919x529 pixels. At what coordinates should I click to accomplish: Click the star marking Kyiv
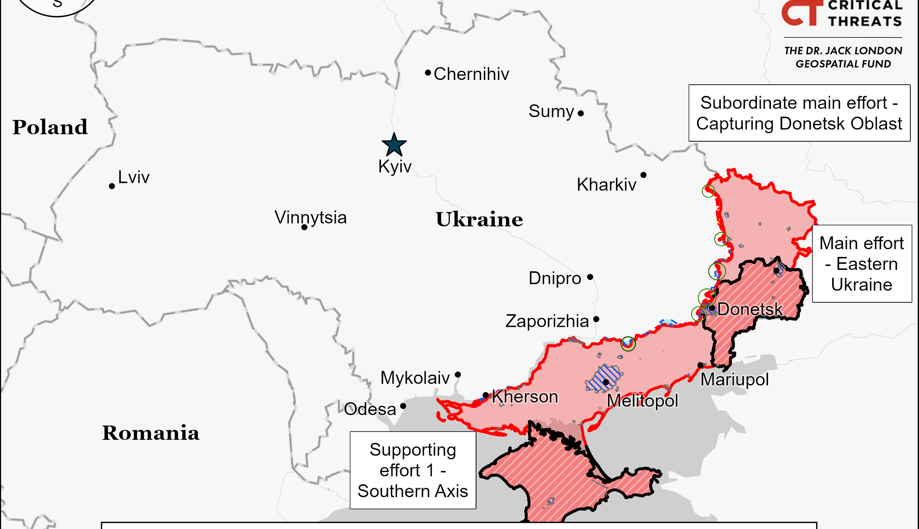click(394, 145)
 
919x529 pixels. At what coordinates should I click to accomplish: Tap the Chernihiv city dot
click(428, 73)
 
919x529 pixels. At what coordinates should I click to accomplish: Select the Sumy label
click(551, 111)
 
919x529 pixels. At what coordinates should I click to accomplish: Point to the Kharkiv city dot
click(643, 175)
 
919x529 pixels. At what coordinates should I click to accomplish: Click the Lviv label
click(134, 177)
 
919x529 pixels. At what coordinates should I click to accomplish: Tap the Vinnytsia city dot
click(305, 227)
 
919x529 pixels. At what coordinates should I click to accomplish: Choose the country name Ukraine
click(479, 219)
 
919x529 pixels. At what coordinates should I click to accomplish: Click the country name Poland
click(50, 127)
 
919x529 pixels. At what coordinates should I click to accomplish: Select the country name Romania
click(150, 433)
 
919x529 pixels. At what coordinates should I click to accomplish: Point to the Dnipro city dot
click(590, 277)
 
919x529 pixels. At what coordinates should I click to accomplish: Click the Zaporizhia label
click(547, 321)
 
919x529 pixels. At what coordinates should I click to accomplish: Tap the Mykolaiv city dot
click(458, 374)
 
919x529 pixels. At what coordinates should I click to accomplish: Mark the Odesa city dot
click(403, 406)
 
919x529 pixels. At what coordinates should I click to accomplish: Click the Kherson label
click(525, 396)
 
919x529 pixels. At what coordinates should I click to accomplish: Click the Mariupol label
click(734, 380)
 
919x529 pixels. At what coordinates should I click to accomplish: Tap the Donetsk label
click(750, 309)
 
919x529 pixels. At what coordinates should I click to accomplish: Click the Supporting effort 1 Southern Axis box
click(413, 470)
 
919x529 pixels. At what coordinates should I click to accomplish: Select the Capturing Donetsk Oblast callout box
click(799, 113)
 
